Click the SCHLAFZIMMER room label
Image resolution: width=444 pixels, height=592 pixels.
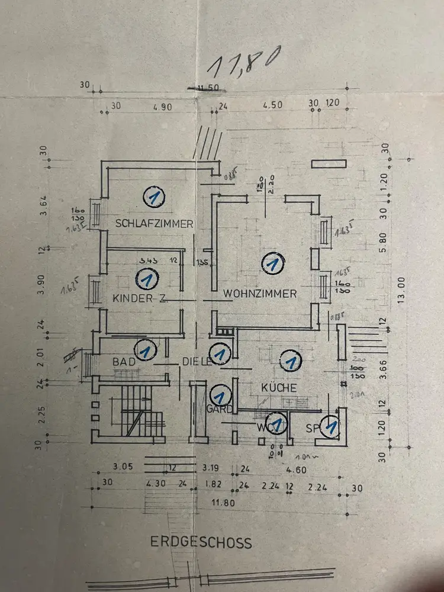tap(155, 224)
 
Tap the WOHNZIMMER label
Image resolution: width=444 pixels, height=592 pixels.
tap(259, 293)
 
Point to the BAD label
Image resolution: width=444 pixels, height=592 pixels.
tap(124, 360)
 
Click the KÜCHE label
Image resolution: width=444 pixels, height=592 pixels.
tap(278, 388)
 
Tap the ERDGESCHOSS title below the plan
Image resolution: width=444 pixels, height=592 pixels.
tap(201, 542)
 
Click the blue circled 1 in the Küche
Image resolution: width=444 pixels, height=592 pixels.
tap(290, 360)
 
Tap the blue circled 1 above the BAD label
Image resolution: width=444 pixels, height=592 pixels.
tap(146, 350)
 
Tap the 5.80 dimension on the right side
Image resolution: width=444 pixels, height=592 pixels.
tap(383, 242)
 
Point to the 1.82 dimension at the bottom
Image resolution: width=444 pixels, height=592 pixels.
tap(212, 484)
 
